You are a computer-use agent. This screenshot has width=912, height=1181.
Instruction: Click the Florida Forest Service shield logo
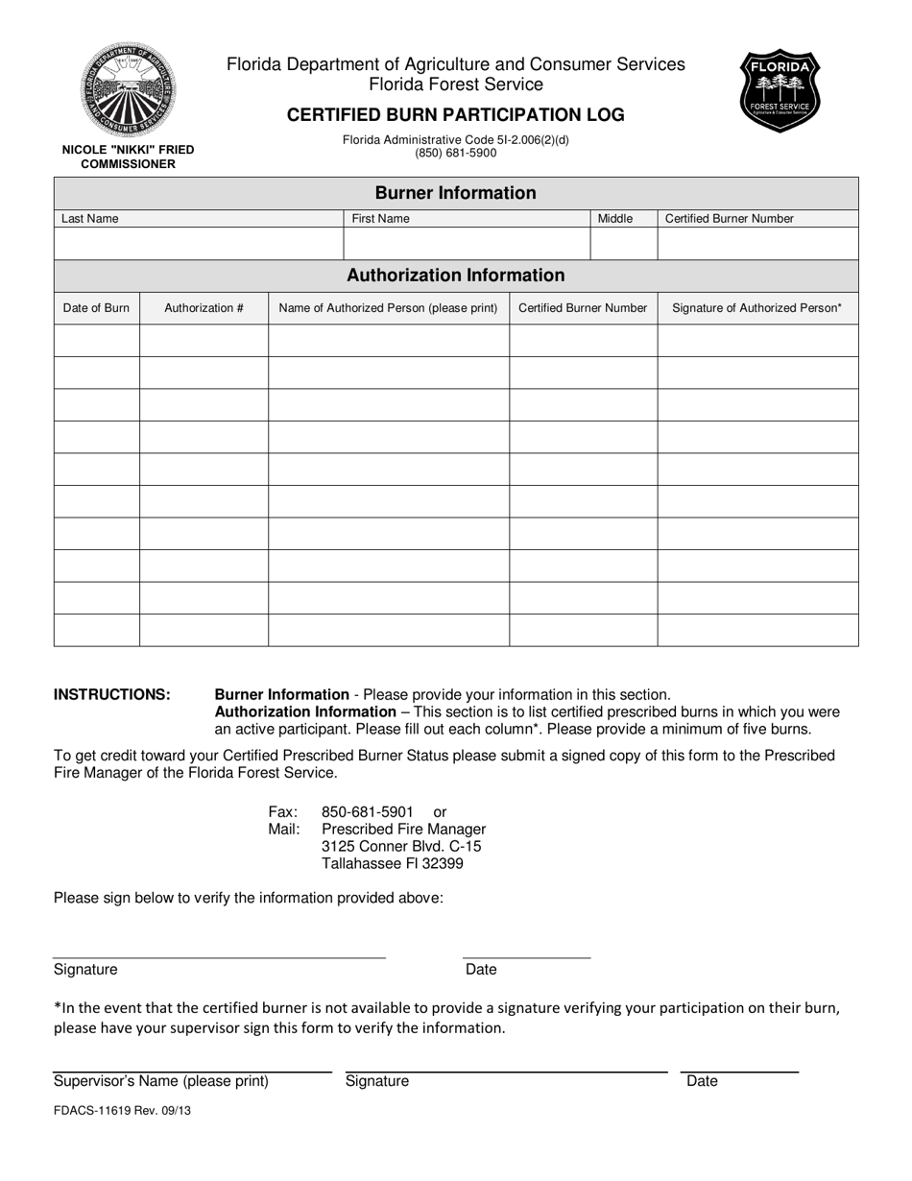point(780,92)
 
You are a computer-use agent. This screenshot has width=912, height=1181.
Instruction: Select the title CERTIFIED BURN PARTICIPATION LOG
point(456,115)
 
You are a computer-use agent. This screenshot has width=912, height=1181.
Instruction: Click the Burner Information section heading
point(456,193)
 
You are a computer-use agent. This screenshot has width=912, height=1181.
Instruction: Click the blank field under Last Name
point(199,244)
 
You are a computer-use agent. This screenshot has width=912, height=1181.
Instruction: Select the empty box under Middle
point(623,244)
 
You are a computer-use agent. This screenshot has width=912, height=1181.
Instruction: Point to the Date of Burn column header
point(96,308)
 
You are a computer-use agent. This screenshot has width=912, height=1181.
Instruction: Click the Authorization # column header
point(204,308)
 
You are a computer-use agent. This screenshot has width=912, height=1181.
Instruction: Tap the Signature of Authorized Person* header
point(757,308)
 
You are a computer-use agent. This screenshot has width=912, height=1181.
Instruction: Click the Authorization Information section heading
point(456,276)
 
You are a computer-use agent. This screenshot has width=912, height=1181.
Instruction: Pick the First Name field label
point(380,219)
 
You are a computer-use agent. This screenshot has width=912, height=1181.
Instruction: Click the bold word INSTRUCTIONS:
point(112,694)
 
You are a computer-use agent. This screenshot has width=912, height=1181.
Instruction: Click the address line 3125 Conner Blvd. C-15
point(401,846)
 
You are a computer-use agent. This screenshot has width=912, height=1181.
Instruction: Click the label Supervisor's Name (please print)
point(161,1081)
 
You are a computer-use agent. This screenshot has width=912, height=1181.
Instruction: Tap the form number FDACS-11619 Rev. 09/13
point(115,1110)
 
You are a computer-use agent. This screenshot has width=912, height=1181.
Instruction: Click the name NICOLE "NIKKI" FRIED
point(128,150)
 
